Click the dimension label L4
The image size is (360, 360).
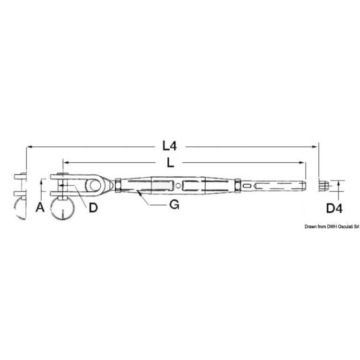[170, 146]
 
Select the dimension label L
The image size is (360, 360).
[170, 163]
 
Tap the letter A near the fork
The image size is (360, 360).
[40, 207]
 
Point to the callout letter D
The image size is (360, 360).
[93, 208]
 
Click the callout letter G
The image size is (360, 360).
[174, 204]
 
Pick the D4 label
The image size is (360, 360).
[334, 209]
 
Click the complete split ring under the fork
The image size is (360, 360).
[62, 209]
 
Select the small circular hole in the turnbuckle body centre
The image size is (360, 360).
[179, 185]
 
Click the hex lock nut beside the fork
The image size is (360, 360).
[118, 185]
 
